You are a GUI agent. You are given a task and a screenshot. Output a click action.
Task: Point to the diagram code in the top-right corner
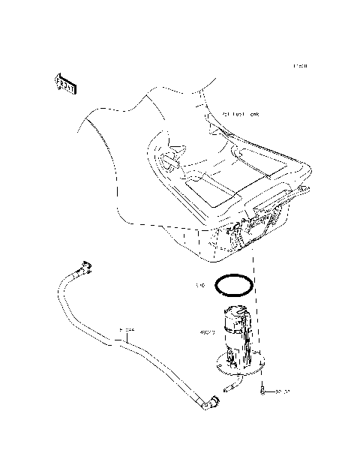click(x=300, y=67)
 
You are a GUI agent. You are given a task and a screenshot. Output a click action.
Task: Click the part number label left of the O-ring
click(x=200, y=286)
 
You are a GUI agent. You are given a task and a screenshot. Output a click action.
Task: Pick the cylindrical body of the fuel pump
click(x=238, y=330)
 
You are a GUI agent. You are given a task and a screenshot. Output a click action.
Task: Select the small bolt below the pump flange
click(x=263, y=390)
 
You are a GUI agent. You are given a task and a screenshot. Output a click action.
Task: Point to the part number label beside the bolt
click(x=282, y=391)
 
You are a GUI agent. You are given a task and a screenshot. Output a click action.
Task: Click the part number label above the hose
click(x=127, y=329)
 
